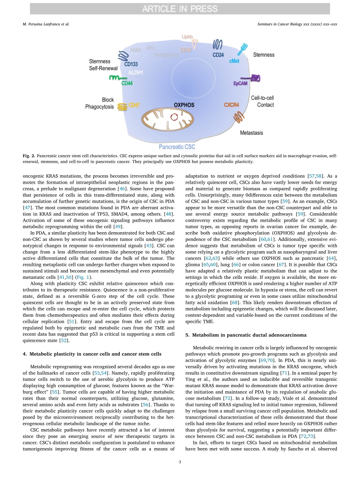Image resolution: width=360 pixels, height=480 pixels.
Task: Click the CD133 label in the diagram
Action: pyautogui.click(x=131, y=64)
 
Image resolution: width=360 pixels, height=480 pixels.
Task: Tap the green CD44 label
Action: pyautogui.click(x=127, y=83)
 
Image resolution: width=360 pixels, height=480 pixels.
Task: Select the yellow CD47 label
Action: pyautogui.click(x=134, y=105)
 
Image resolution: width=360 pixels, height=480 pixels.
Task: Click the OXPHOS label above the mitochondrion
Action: pyautogui.click(x=184, y=105)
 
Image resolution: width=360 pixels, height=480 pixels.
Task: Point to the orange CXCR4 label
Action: pyautogui.click(x=231, y=105)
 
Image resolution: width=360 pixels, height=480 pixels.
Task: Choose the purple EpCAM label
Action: pyautogui.click(x=240, y=83)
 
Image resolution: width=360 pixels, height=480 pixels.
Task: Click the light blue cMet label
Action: pyautogui.click(x=234, y=61)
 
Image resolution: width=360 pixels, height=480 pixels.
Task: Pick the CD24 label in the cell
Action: pyautogui.click(x=218, y=55)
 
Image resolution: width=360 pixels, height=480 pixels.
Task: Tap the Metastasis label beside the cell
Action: pyautogui.click(x=251, y=133)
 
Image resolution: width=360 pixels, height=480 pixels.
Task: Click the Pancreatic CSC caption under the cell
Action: pyautogui.click(x=177, y=147)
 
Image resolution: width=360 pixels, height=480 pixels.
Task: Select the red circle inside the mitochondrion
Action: pyautogui.click(x=174, y=117)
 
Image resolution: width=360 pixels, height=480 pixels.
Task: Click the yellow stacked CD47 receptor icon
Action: pyautogui.click(x=122, y=107)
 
